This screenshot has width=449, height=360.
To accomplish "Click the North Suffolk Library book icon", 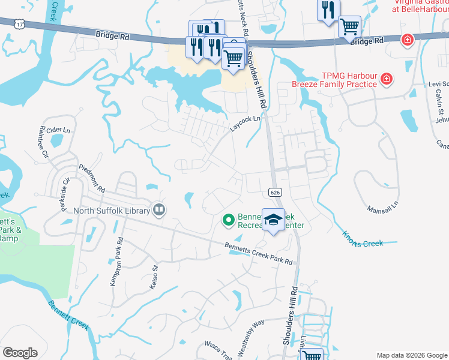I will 159,209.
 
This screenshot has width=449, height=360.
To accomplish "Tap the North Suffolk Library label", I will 112,211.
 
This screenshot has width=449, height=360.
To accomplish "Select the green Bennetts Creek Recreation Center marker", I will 228,220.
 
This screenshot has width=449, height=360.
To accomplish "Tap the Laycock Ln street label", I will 246,124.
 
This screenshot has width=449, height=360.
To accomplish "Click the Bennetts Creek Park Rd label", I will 259,254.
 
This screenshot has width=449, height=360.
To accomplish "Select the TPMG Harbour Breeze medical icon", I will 386,78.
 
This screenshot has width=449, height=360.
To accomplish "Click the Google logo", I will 20,353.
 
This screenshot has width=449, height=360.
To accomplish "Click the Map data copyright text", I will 411,355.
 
